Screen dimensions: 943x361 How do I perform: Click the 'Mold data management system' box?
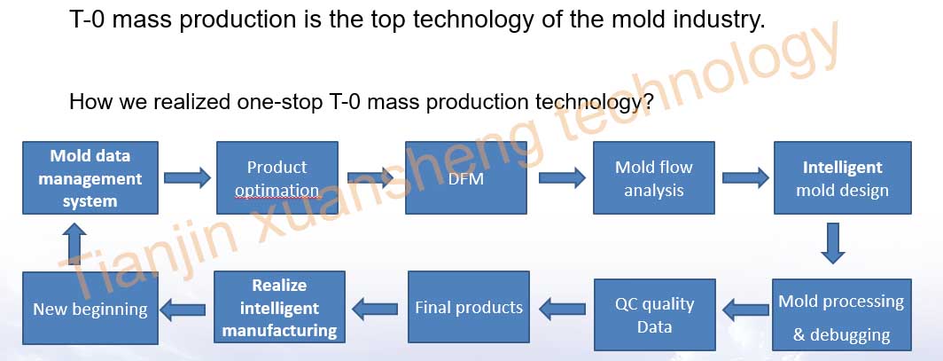90,178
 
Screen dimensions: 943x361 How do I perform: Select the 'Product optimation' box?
277,178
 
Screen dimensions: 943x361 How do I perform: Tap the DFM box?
466,178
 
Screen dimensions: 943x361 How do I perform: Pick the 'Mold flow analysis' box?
654,178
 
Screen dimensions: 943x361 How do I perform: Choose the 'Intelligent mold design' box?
843,178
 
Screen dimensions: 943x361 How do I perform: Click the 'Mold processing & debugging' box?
842,315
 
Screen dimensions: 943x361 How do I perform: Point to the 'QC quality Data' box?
655,315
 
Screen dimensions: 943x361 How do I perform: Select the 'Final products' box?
469,308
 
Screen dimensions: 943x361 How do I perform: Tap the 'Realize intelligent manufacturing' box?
280,308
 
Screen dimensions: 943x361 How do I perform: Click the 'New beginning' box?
90,308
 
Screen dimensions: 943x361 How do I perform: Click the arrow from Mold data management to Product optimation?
188,178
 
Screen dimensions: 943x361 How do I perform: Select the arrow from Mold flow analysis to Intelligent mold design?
745,178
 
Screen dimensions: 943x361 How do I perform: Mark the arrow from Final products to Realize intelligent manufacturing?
375,310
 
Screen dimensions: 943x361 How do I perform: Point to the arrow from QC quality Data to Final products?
562,310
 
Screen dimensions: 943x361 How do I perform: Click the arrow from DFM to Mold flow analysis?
562,178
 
